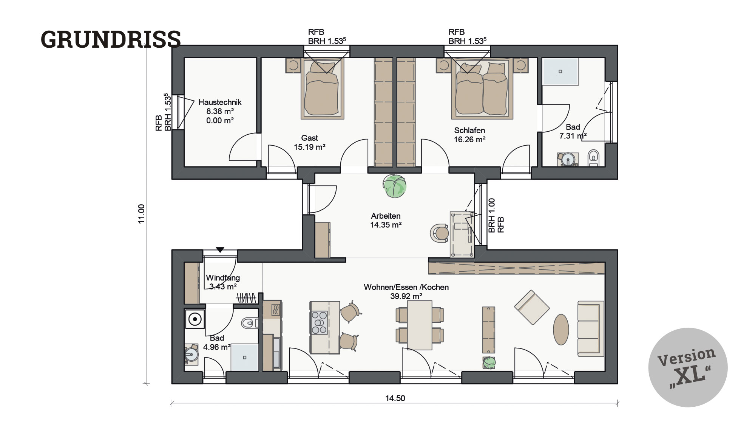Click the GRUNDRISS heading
(111, 39)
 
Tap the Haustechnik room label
(220, 102)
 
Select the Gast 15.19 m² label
(310, 143)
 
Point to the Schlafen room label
(469, 131)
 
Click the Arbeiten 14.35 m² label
(386, 220)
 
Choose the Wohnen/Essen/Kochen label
(406, 287)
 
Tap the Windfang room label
(223, 278)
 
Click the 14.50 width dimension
(395, 398)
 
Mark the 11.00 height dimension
(141, 214)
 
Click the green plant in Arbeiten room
(395, 186)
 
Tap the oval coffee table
(561, 329)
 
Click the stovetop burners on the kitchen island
(319, 322)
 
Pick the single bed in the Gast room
(322, 89)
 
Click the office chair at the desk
(440, 233)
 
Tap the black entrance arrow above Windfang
(220, 250)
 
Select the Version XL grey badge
(688, 367)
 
